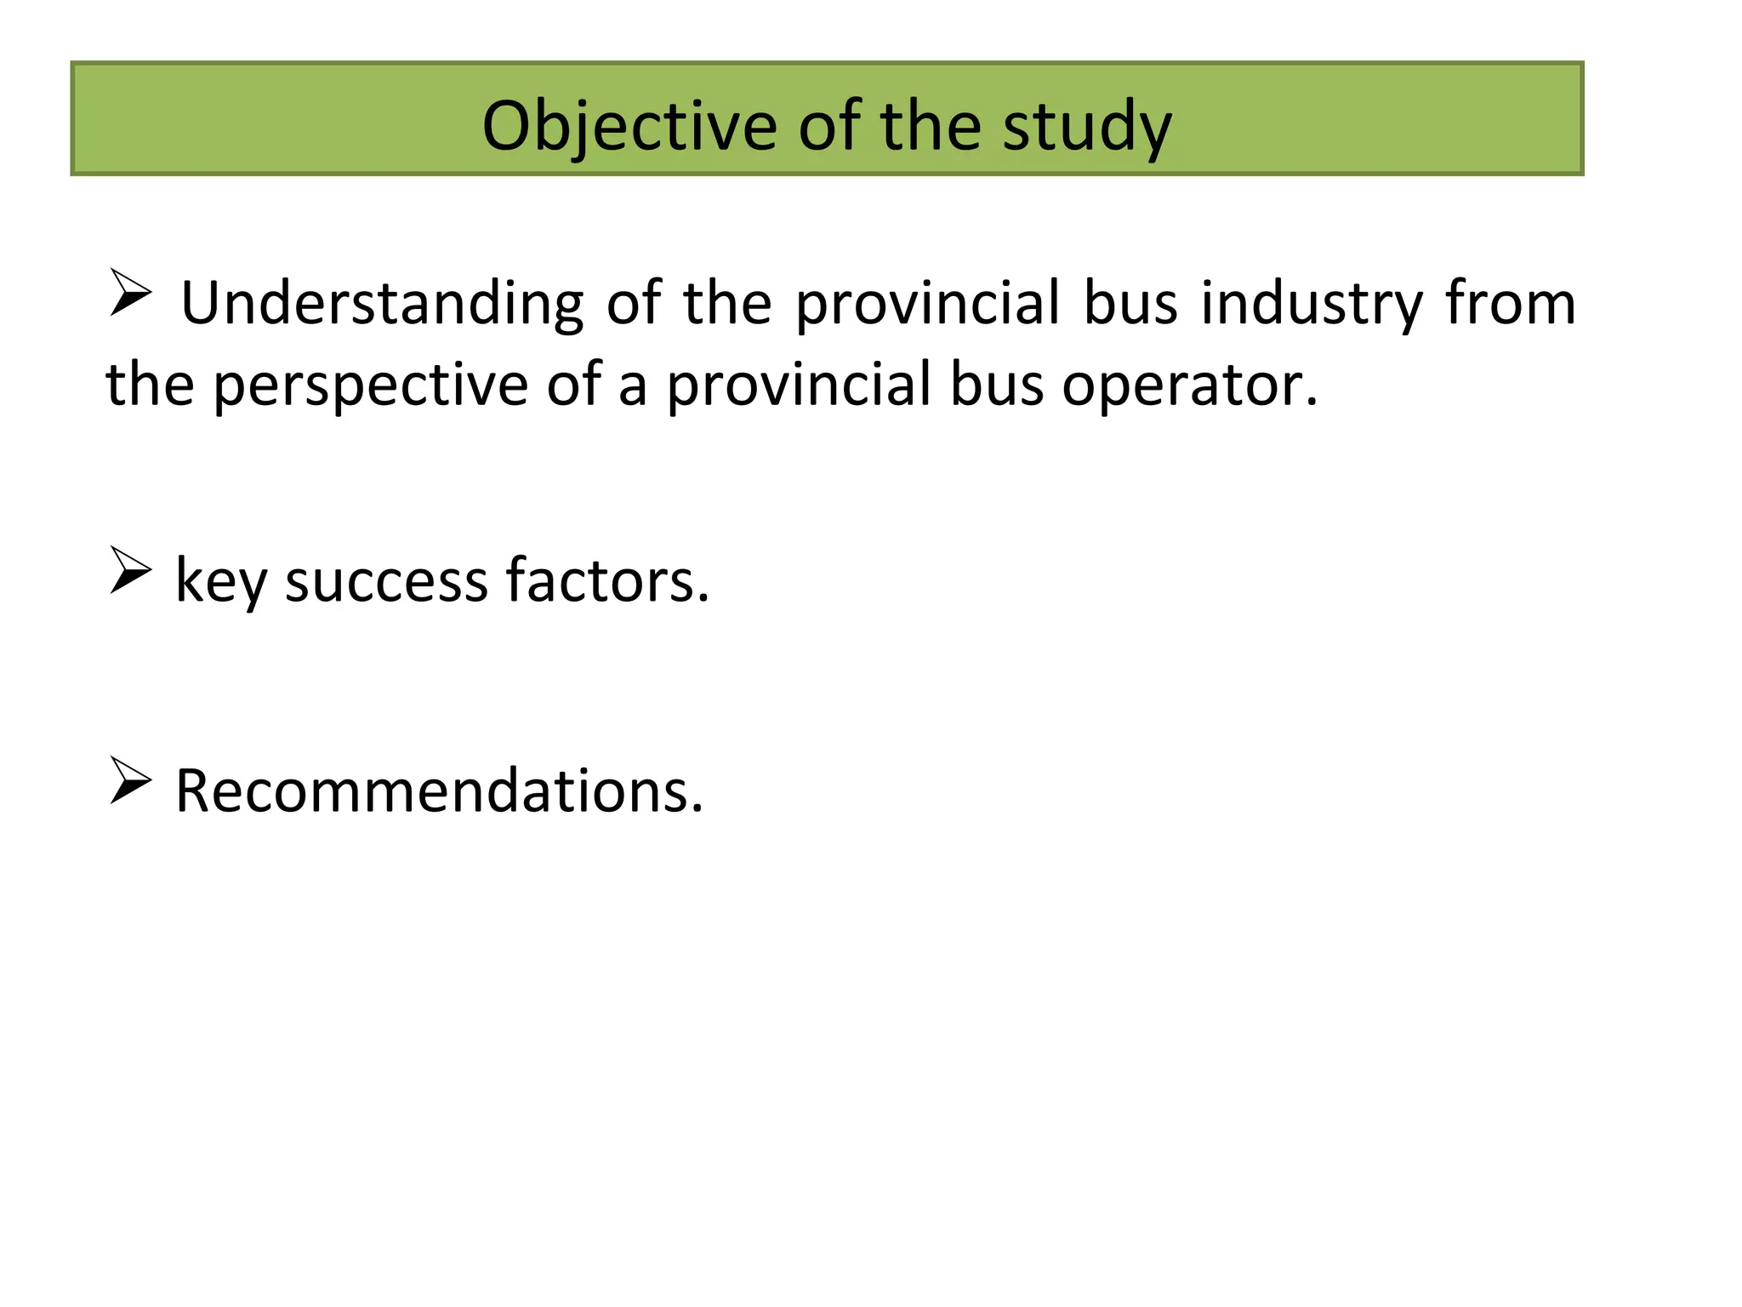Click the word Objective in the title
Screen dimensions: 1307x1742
coord(629,126)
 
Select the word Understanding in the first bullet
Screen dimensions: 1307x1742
coord(382,304)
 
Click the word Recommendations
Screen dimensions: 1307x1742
coord(439,791)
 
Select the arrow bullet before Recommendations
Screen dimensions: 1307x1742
coord(130,780)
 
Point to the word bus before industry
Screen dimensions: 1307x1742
coord(1131,304)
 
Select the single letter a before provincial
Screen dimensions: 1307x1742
coord(632,387)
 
